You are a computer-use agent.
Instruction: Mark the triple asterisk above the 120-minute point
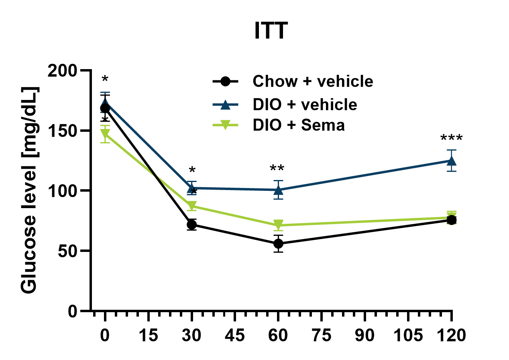click(451, 139)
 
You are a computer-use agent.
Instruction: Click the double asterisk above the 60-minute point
click(278, 169)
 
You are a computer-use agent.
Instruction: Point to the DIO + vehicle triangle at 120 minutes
click(451, 161)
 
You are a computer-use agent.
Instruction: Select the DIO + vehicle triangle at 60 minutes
click(278, 190)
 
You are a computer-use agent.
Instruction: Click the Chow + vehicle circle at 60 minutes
click(278, 244)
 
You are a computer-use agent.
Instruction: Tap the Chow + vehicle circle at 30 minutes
click(192, 225)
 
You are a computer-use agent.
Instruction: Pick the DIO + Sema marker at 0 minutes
click(105, 134)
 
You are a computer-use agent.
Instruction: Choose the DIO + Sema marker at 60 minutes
click(278, 225)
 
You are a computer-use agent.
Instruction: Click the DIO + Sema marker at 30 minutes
click(192, 206)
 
